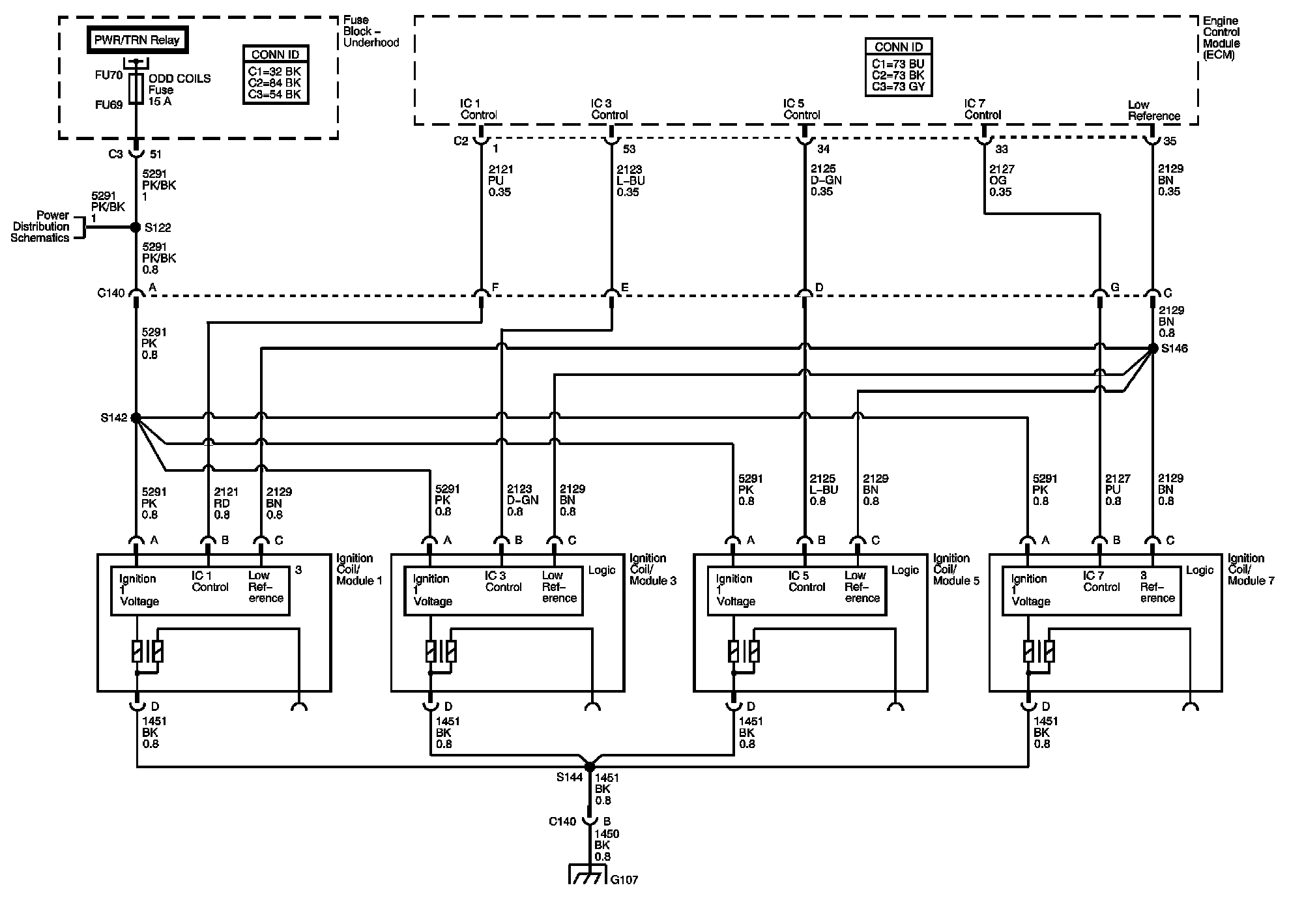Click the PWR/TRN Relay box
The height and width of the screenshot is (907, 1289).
tap(136, 40)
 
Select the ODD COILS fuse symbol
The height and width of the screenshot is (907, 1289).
tap(136, 89)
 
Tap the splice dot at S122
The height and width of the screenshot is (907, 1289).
tap(136, 227)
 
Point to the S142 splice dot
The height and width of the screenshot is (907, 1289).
tap(136, 418)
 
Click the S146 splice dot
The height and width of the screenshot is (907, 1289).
tap(1152, 349)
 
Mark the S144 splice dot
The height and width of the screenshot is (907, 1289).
tap(590, 767)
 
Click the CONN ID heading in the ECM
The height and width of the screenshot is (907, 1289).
tap(899, 47)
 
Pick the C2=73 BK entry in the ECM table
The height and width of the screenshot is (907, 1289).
tap(899, 76)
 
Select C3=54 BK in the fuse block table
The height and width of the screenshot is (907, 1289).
tap(275, 94)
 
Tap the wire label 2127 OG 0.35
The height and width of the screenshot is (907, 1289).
tap(1000, 180)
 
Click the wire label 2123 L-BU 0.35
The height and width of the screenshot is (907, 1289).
tap(630, 180)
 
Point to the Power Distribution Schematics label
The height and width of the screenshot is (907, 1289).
tap(40, 227)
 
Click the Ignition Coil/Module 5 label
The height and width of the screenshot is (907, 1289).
tap(955, 569)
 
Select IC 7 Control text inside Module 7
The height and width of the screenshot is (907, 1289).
tap(1102, 581)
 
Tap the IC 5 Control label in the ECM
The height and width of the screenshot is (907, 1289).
tap(802, 109)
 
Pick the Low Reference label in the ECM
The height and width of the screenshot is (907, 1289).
tap(1153, 110)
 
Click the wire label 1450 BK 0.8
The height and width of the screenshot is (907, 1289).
tap(606, 845)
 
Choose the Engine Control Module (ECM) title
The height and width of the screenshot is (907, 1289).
tap(1221, 38)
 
